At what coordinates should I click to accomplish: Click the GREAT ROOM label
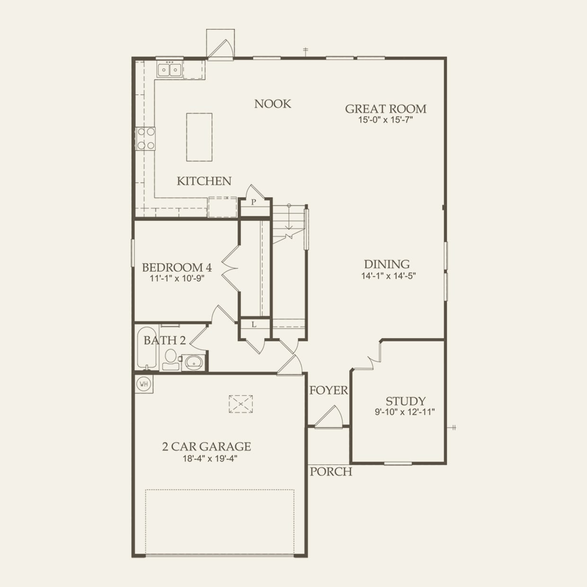click(x=385, y=109)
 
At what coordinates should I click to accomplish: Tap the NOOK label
click(x=273, y=104)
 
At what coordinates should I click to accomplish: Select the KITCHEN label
click(x=204, y=181)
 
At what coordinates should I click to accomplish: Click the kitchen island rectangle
click(x=199, y=137)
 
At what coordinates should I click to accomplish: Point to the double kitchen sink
click(x=169, y=70)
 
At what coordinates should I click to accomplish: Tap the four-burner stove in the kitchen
click(x=145, y=139)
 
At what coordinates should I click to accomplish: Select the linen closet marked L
click(x=254, y=325)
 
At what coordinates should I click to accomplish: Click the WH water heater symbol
click(x=144, y=384)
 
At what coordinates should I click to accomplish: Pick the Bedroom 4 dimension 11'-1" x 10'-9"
click(x=177, y=279)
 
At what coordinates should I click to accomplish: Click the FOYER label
click(x=329, y=391)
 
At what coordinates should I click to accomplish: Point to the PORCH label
click(x=331, y=471)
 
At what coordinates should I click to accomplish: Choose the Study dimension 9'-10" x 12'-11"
click(x=405, y=412)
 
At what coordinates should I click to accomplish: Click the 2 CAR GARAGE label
click(x=206, y=446)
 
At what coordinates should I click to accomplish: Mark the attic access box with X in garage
click(x=240, y=404)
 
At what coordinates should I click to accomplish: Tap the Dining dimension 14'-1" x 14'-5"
click(x=388, y=276)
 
